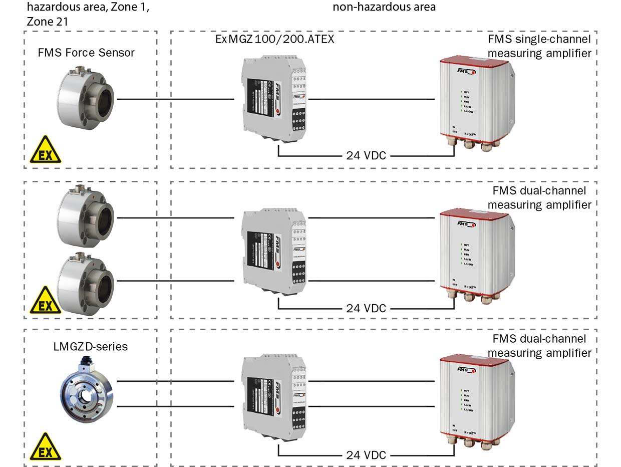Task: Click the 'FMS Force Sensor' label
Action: click(x=86, y=53)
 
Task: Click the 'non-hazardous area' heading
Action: click(x=384, y=7)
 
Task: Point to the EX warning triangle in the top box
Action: click(x=46, y=151)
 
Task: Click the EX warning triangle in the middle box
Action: click(x=46, y=302)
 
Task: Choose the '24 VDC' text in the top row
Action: click(x=366, y=155)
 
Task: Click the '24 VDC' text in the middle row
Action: click(x=366, y=308)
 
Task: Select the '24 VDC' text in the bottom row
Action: click(x=366, y=455)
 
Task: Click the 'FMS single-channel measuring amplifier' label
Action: click(x=539, y=46)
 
